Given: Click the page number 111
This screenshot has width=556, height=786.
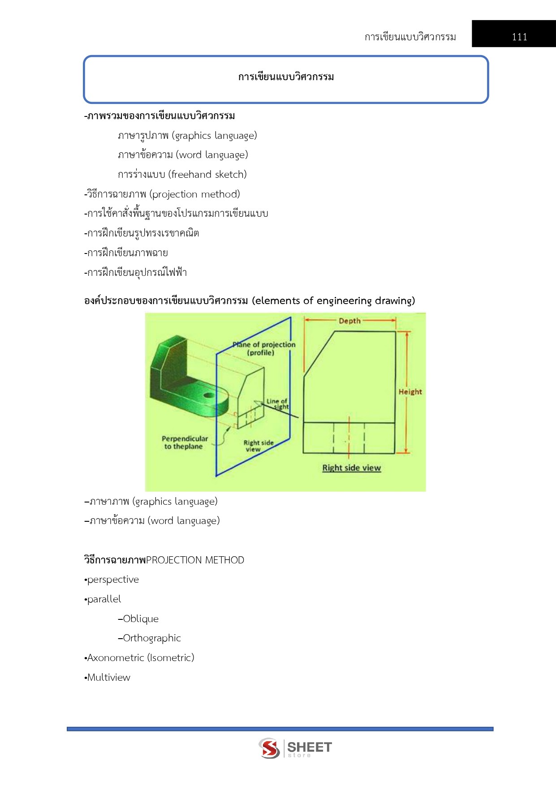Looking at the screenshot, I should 519,37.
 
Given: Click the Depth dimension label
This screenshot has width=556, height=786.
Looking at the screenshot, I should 349,321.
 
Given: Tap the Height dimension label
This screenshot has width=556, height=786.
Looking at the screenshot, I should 410,391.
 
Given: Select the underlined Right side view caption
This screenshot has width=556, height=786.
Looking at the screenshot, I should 351,468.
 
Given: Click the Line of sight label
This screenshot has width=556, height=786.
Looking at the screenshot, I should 277,404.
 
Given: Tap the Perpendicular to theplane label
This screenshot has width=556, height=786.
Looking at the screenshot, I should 185,442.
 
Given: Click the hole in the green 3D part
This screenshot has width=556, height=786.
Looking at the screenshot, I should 209,395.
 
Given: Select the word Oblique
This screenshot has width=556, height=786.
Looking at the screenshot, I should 141,618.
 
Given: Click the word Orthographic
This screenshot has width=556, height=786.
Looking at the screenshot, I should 152,638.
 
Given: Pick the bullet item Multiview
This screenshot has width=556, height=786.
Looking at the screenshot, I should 108,677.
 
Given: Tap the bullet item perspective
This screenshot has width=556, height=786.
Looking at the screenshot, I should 113,580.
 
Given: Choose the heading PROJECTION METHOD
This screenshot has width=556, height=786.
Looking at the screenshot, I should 195,560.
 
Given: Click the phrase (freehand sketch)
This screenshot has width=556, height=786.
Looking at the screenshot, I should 207,174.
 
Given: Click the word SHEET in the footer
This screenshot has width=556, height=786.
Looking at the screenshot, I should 309,747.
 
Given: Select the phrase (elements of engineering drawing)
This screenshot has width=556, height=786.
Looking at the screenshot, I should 333,301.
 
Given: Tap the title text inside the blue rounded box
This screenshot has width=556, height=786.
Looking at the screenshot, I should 286,77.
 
